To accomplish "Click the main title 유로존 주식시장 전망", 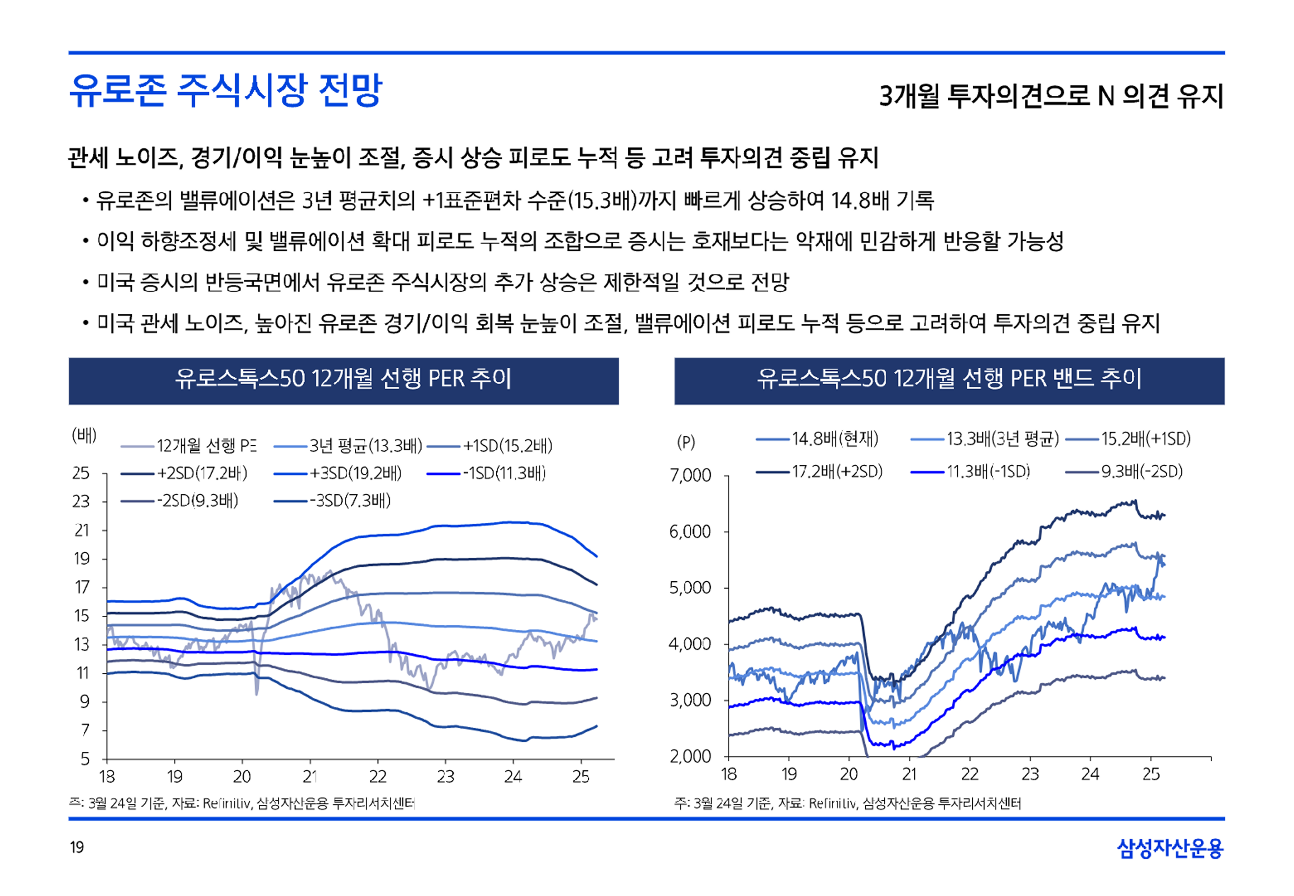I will (225, 90).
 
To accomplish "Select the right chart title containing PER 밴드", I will (949, 379).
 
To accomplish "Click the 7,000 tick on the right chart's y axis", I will (690, 476).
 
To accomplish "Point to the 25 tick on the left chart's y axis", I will (81, 473).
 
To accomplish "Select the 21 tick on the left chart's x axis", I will (310, 777).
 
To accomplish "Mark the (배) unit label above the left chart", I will (84, 435).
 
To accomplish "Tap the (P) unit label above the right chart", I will (686, 442).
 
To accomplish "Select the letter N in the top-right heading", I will (1105, 97).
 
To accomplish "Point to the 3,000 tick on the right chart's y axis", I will (690, 700).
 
